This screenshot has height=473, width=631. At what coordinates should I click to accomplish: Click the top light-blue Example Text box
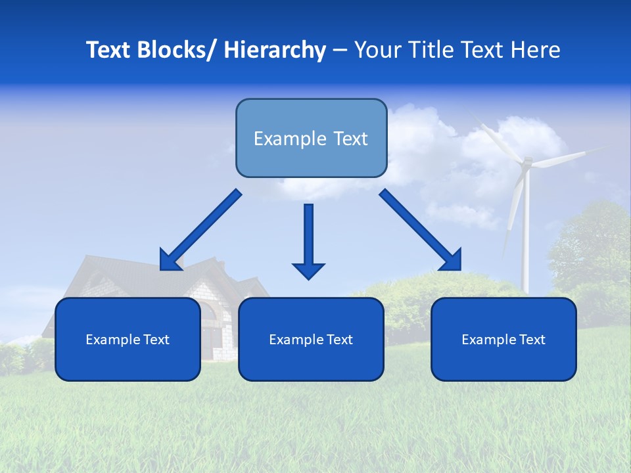point(311,138)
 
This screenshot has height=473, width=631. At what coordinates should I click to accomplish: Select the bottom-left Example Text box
point(128,339)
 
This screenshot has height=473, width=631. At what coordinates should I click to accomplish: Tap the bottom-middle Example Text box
point(311,339)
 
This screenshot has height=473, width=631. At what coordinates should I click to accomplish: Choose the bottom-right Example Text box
point(503,339)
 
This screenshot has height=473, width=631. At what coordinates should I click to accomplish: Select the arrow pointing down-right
point(421,230)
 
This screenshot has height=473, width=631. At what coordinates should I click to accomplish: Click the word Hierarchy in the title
point(275,50)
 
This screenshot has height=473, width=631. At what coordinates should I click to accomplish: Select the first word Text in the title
point(109,50)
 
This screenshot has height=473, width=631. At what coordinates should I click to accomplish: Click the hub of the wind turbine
point(526,162)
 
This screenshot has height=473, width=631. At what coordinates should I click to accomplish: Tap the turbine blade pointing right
point(565,157)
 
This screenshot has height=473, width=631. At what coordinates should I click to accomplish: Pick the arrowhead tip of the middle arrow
point(308,279)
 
